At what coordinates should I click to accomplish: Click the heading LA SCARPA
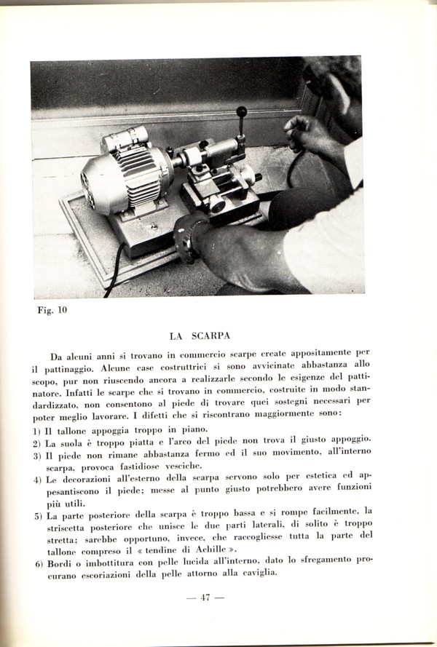coord(200,336)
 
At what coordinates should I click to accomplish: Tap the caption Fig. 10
coord(52,310)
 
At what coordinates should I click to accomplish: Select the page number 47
coord(205,598)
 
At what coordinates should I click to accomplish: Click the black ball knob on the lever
coord(241,112)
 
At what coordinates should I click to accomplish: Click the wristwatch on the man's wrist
coord(186,237)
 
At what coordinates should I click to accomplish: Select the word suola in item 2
coord(75,442)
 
